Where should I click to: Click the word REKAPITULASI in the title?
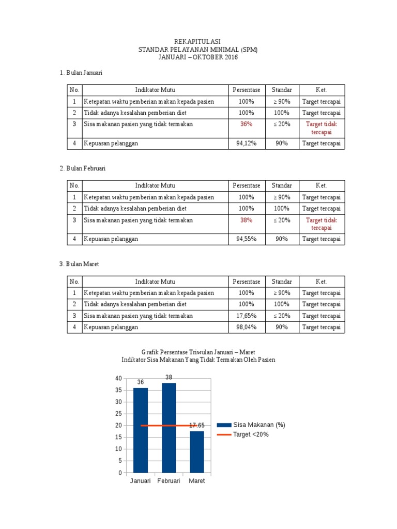click(198, 41)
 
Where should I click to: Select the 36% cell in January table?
click(246, 124)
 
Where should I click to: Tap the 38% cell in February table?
click(246, 220)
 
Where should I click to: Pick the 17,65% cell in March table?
click(246, 316)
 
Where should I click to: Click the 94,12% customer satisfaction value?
click(246, 144)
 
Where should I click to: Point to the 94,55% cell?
click(246, 239)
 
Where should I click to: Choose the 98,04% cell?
click(246, 327)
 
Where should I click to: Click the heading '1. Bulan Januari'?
click(81, 73)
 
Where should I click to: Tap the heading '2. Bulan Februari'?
click(83, 168)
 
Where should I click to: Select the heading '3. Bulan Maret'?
click(79, 264)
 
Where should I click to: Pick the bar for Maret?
click(196, 452)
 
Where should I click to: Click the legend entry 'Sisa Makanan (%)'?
click(259, 425)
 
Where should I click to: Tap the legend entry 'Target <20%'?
click(251, 434)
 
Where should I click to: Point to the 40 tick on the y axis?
click(118, 379)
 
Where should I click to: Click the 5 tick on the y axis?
click(120, 461)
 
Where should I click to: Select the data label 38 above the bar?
click(169, 378)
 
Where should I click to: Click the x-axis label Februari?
click(169, 481)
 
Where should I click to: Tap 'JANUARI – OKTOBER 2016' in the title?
click(198, 57)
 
